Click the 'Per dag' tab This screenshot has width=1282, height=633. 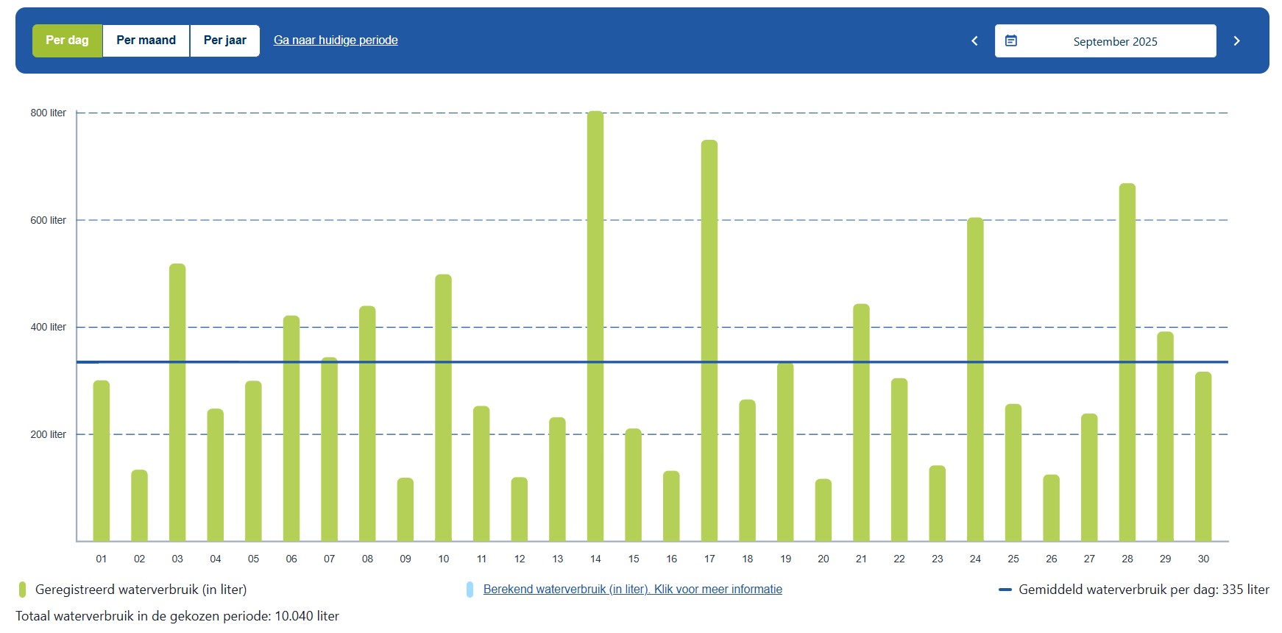[67, 40]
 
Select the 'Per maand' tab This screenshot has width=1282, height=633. [146, 40]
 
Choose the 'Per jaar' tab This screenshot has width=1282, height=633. [224, 40]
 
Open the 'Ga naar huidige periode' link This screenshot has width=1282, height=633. [336, 40]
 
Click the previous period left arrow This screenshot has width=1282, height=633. [974, 41]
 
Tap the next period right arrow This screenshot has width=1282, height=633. [1236, 41]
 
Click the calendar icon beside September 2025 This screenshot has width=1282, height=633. [1011, 41]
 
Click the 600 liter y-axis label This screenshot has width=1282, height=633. [48, 220]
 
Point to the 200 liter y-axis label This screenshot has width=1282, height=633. [48, 434]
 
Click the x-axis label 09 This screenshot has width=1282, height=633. [406, 559]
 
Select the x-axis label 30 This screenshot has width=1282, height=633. [1203, 559]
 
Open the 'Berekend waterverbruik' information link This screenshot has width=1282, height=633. [632, 589]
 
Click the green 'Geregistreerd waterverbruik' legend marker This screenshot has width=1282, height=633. [23, 589]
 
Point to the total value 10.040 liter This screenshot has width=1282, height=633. [307, 616]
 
